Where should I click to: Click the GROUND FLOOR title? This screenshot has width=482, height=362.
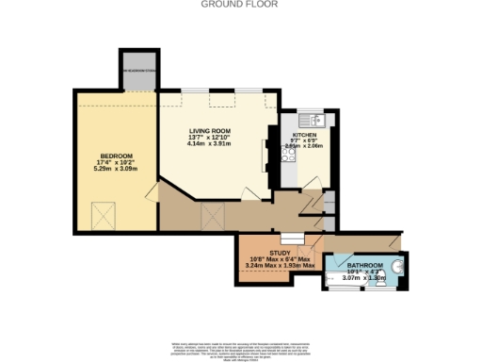click(241, 4)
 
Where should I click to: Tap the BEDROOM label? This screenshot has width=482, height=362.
click(117, 155)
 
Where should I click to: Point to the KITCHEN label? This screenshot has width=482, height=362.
click(304, 135)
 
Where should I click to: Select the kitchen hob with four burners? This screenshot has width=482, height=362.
click(289, 159)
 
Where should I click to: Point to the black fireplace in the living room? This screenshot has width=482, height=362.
click(268, 151)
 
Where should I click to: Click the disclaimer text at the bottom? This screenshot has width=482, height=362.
click(241, 348)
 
